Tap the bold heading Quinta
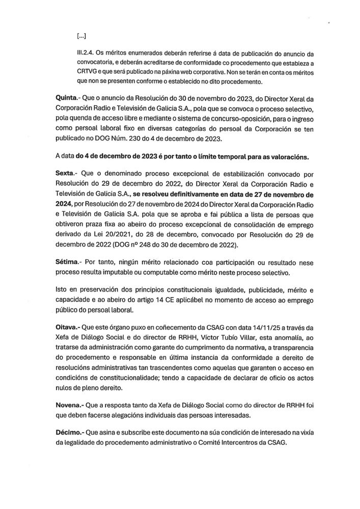click(68, 97)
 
